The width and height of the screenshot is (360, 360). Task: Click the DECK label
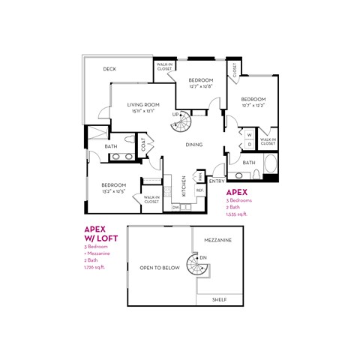pyautogui.click(x=109, y=69)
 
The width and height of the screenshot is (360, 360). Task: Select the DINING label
pyautogui.click(x=194, y=145)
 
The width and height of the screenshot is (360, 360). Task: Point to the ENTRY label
pyautogui.click(x=217, y=181)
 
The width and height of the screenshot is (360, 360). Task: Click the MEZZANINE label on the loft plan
pyautogui.click(x=218, y=240)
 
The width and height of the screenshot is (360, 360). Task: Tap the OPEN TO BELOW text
pyautogui.click(x=159, y=267)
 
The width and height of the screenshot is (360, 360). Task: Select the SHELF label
pyautogui.click(x=219, y=298)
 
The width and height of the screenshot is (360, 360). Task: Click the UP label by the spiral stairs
pyautogui.click(x=175, y=114)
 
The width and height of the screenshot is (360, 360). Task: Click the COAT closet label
pyautogui.click(x=144, y=145)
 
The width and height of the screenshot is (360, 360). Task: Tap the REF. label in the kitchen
pyautogui.click(x=200, y=190)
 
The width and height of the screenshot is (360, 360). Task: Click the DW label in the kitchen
pyautogui.click(x=175, y=207)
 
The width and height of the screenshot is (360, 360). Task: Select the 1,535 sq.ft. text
pyautogui.click(x=236, y=214)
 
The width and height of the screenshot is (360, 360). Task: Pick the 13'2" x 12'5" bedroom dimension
pyautogui.click(x=113, y=190)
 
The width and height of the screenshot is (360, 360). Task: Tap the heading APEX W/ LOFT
pyautogui.click(x=97, y=233)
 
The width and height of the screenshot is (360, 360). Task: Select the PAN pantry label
pyautogui.click(x=200, y=176)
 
